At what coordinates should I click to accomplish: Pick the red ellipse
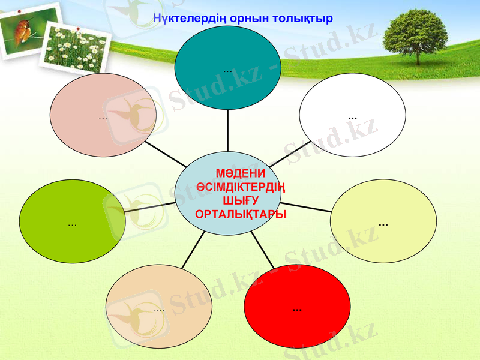[297, 307]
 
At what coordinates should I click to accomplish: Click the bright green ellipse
[73, 221]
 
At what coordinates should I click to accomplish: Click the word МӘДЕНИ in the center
[241, 174]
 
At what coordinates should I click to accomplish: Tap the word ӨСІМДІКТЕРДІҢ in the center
[241, 187]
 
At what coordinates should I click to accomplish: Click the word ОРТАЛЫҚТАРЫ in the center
[241, 214]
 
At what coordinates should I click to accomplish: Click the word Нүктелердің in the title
[188, 19]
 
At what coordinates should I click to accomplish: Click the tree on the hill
[415, 36]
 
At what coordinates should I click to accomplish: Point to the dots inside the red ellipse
[297, 310]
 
